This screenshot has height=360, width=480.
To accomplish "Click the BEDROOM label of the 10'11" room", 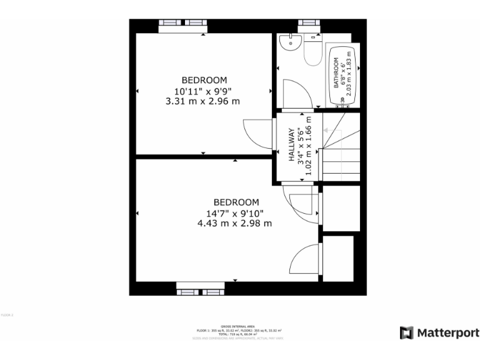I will coord(204,80).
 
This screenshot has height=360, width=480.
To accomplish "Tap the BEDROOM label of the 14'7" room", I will coord(236,202).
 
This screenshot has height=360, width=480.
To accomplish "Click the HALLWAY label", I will coord(291,146).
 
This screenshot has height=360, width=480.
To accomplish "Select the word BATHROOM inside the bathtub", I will coord(336,73).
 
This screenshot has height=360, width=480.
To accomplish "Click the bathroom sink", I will coord(289,42).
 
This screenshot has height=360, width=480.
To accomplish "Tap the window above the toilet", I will coord(309,24).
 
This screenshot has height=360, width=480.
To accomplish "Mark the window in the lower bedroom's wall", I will coord(200,289).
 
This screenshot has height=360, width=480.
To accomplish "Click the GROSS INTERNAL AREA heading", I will coord(239,326).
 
